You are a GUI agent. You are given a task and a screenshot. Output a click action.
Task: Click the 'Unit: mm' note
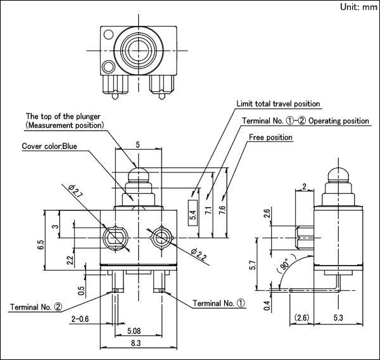[359, 7]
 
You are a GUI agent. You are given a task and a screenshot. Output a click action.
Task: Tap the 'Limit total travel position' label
[278, 104]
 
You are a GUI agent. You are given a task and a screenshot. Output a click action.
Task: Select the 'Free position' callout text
[270, 138]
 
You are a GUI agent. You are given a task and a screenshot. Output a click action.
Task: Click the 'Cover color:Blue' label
[49, 146]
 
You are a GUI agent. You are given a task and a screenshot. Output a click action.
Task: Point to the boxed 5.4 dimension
[193, 213]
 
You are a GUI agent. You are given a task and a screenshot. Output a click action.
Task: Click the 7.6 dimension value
[222, 210]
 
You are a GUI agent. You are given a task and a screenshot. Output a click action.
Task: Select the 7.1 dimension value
[209, 210]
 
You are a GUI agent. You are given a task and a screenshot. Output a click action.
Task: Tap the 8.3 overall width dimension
[136, 343]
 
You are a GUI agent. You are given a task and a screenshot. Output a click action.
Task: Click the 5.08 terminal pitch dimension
[134, 331]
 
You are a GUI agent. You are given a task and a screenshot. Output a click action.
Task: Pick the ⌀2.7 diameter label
[75, 191]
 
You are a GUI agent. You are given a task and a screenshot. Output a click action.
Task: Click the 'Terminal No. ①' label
[218, 303]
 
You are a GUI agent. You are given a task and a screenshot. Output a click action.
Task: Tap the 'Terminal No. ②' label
[36, 307]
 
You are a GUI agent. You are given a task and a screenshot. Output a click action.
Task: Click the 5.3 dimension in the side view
[338, 318]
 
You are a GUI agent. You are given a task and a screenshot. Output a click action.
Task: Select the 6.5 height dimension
[41, 245]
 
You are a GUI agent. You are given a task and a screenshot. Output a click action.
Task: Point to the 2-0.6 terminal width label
[80, 319]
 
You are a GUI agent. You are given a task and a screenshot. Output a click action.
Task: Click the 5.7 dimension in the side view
[253, 265]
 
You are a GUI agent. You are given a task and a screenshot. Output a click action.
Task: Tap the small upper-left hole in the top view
[108, 34]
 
